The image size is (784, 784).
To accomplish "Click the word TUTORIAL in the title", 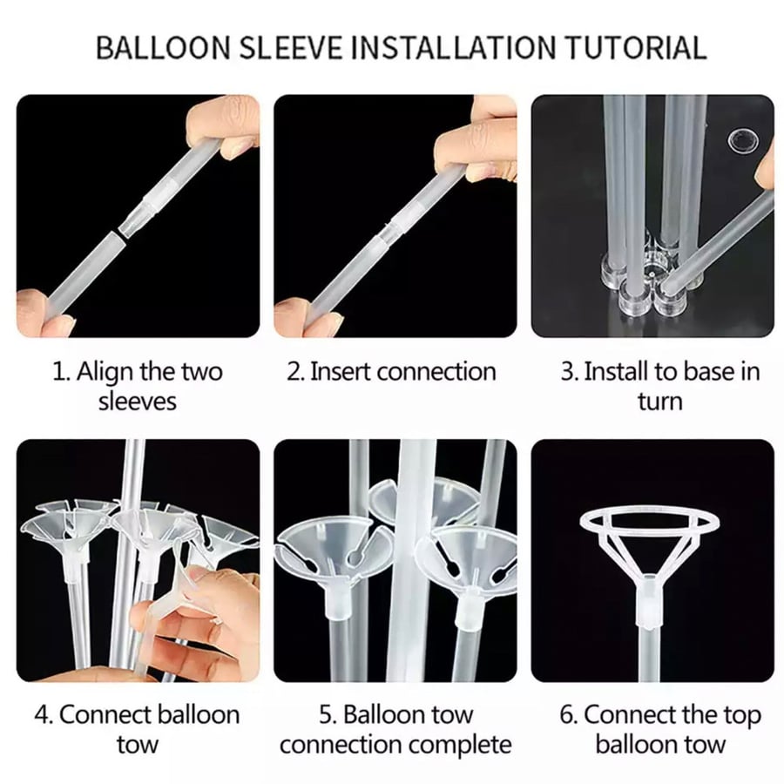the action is [x=636, y=48].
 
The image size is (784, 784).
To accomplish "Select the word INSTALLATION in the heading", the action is [x=456, y=48].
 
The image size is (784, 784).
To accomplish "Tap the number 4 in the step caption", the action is [x=42, y=715].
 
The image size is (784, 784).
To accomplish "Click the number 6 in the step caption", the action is [x=567, y=715].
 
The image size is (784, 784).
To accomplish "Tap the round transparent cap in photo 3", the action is [x=743, y=140].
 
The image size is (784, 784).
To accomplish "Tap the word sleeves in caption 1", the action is [x=138, y=402].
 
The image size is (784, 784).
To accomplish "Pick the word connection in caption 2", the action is [x=436, y=371].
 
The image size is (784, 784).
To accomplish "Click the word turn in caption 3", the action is [x=660, y=402].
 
